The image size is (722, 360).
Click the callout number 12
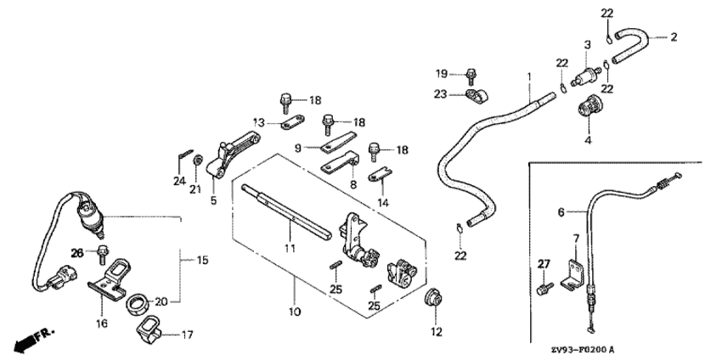[436, 331]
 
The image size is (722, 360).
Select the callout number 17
[187, 335]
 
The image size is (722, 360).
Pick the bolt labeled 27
[544, 288]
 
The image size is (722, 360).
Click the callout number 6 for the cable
[561, 212]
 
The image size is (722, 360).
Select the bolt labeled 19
[471, 76]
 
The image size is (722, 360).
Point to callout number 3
[587, 45]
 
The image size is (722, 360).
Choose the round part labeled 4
[587, 110]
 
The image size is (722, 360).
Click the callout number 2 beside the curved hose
[674, 37]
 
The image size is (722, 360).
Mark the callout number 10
[295, 312]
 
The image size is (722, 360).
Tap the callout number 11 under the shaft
[289, 249]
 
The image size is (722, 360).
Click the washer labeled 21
[198, 160]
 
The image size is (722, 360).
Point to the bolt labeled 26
[102, 255]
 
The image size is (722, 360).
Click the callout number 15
[203, 260]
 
